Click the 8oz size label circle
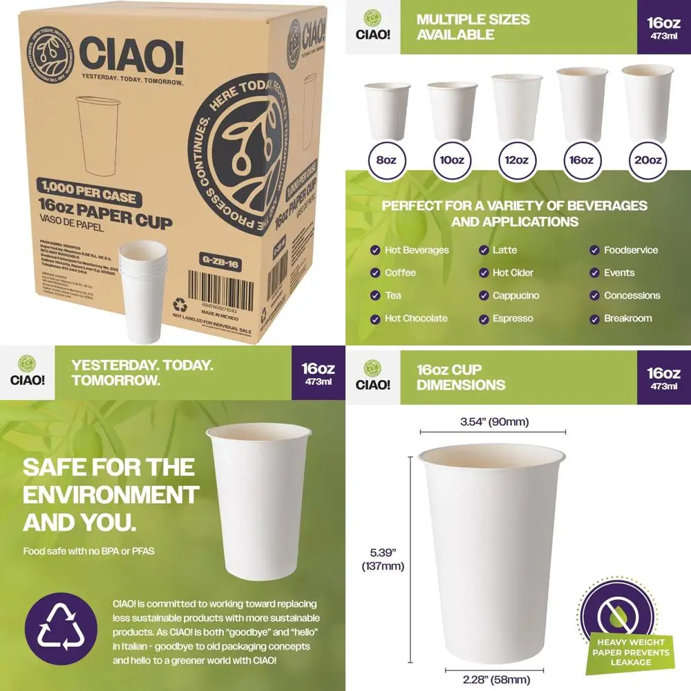[385, 160]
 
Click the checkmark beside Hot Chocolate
[375, 319]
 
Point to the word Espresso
[513, 319]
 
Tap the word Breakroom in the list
[627, 319]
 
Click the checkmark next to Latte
[483, 250]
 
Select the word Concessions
[632, 296]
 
